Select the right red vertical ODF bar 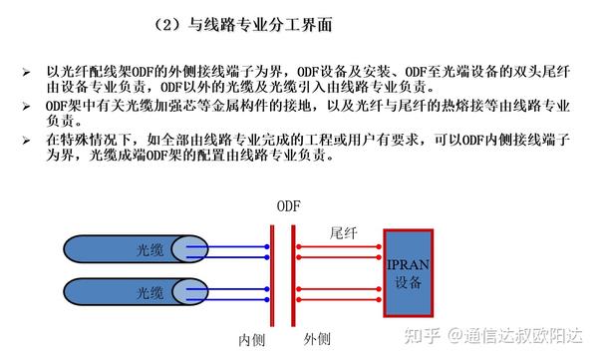pos(294,269)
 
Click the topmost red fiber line pos(339,242)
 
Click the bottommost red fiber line pos(339,298)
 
